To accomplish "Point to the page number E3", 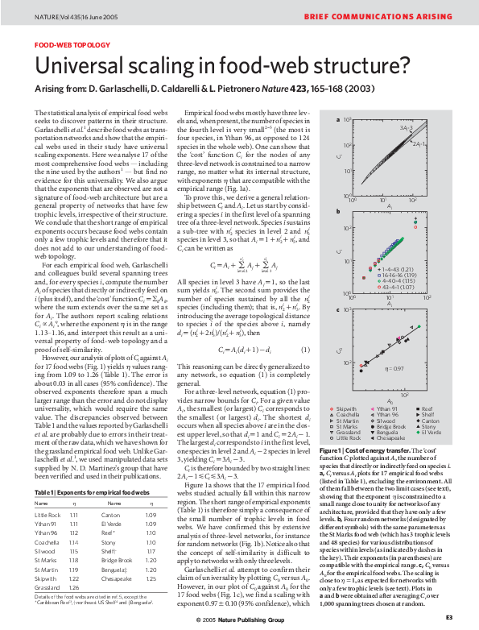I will [x=449, y=617].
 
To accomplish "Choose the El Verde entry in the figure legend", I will [x=432, y=433].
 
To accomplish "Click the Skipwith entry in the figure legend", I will [x=343, y=410].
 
